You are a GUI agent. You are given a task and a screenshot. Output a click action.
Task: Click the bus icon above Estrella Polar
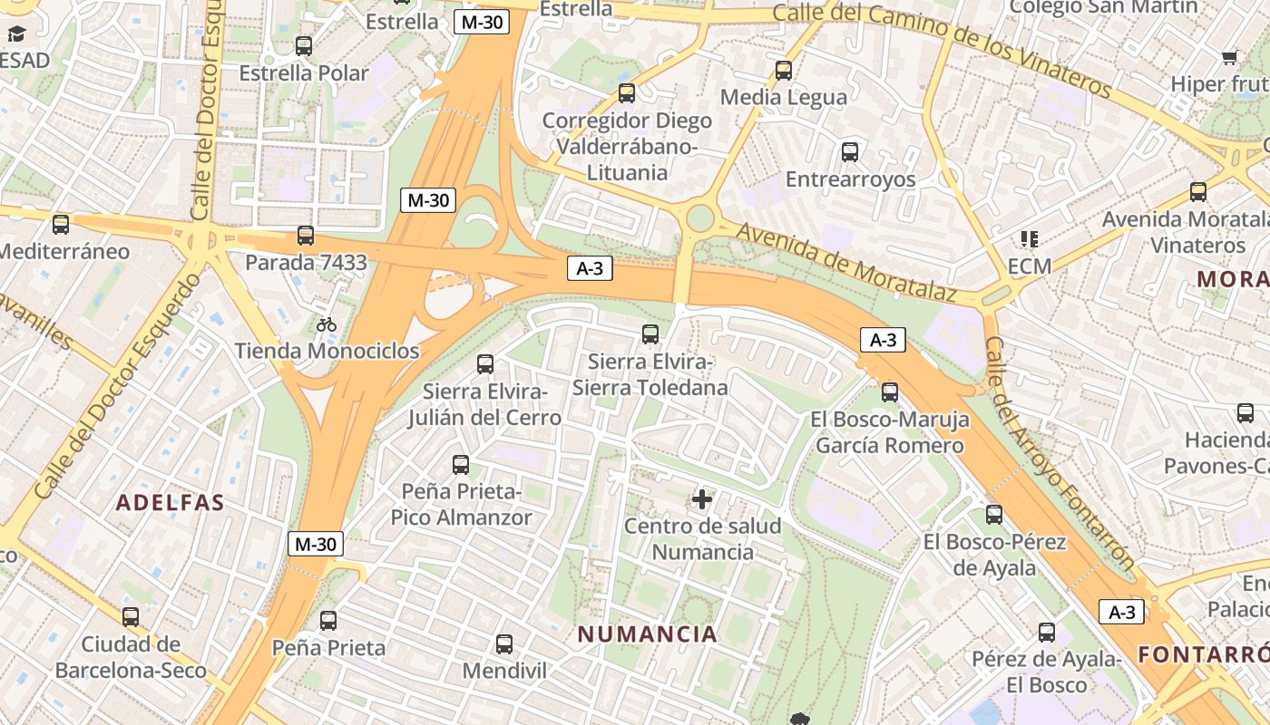click(304, 46)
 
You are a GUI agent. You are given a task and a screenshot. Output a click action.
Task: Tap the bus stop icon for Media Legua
click(784, 71)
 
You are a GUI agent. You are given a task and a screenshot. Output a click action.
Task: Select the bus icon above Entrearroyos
click(850, 152)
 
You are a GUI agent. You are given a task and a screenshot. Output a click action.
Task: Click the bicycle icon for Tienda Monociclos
click(327, 324)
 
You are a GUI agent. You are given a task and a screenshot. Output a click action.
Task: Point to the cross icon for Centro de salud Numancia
click(702, 499)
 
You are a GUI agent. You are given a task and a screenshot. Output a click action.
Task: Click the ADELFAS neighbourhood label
click(170, 503)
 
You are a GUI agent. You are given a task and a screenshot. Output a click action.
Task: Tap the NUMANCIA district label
click(648, 634)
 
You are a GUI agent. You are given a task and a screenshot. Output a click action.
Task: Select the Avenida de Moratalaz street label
click(845, 262)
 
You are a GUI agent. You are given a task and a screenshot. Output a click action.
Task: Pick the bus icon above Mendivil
click(504, 644)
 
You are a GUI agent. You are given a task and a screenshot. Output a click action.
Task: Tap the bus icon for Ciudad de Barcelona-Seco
click(131, 617)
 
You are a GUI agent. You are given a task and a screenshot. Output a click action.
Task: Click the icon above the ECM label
click(1029, 239)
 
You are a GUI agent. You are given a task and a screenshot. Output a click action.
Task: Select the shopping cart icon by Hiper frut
click(1230, 58)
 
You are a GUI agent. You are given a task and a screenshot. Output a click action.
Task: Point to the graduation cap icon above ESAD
click(17, 34)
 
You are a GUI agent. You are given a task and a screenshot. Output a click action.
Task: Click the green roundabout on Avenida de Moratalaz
click(700, 218)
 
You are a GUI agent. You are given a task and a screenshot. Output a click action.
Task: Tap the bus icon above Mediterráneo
click(61, 225)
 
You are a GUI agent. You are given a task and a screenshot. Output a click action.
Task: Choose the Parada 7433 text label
click(306, 263)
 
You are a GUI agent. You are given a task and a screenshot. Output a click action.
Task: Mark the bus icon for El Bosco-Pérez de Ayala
click(994, 515)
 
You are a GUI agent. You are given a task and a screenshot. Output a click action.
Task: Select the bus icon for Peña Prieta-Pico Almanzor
click(461, 465)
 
